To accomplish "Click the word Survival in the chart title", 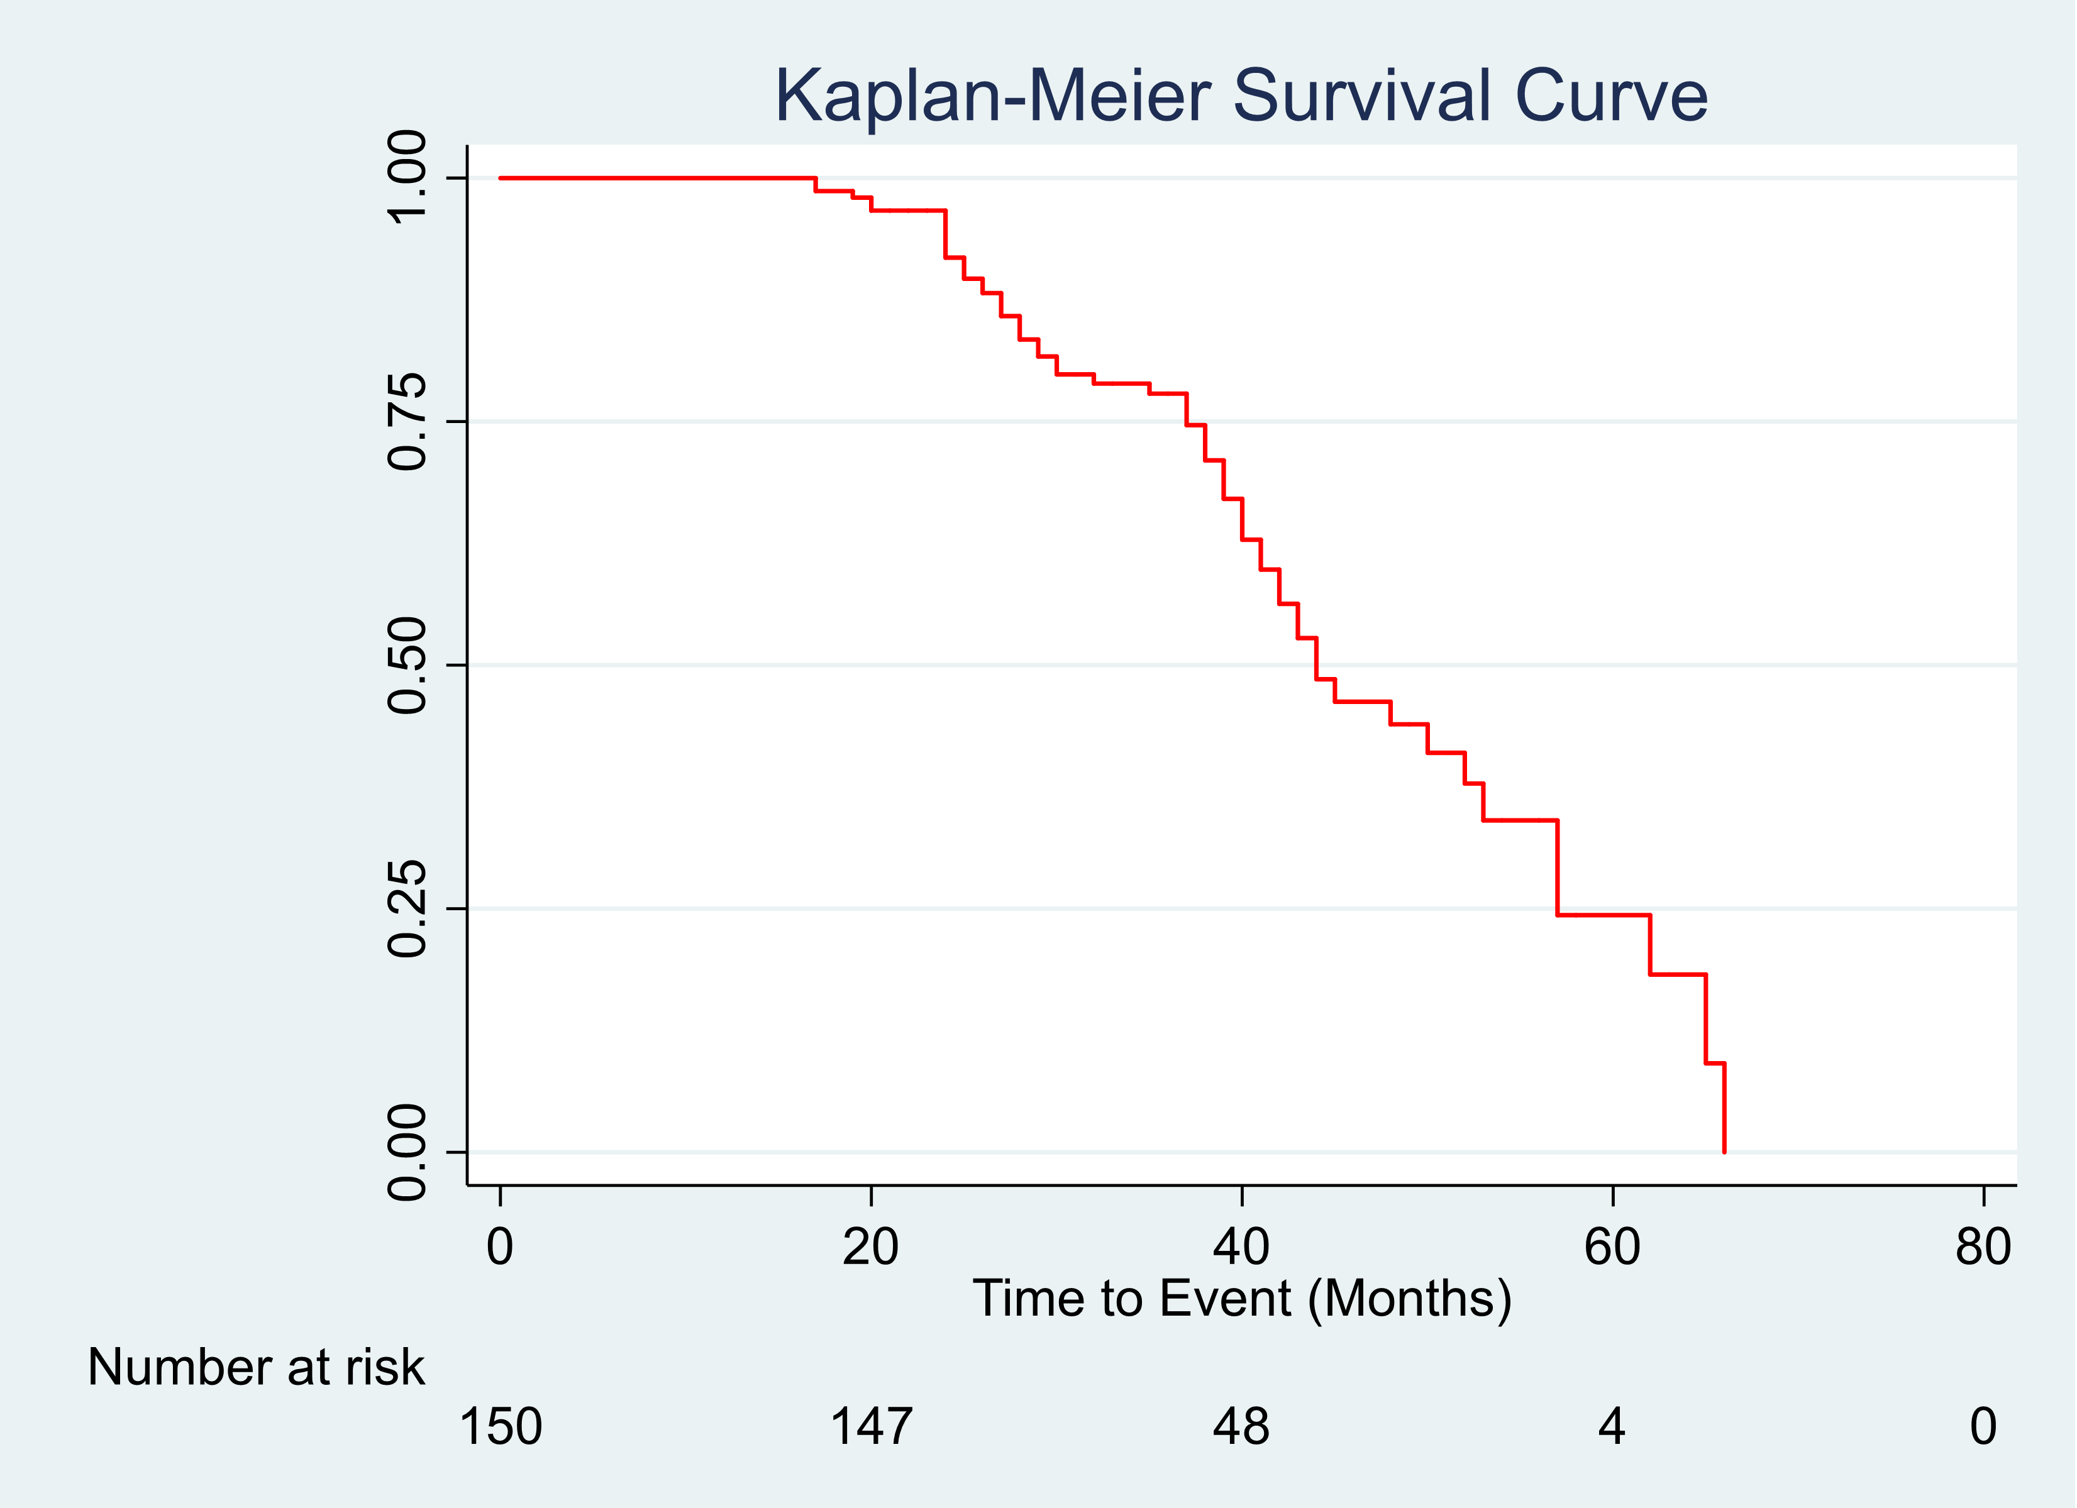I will pyautogui.click(x=1362, y=96).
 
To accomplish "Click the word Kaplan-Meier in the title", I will pyautogui.click(x=993, y=96).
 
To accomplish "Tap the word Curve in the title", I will pyautogui.click(x=1611, y=96).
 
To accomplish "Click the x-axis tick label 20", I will pyautogui.click(x=870, y=1247).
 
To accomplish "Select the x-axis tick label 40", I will pyautogui.click(x=1241, y=1247).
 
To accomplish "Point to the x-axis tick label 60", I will pyautogui.click(x=1612, y=1247).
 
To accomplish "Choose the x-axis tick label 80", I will pyautogui.click(x=1983, y=1247).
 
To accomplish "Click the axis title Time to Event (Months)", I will pyautogui.click(x=1242, y=1298).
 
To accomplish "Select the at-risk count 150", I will pyautogui.click(x=500, y=1426).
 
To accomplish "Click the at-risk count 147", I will pyautogui.click(x=870, y=1426).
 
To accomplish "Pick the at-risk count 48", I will pyautogui.click(x=1241, y=1426).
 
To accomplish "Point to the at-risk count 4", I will pyautogui.click(x=1612, y=1426).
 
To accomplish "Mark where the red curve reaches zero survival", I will pyautogui.click(x=1724, y=1151).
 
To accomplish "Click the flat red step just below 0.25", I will pyautogui.click(x=1603, y=915).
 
